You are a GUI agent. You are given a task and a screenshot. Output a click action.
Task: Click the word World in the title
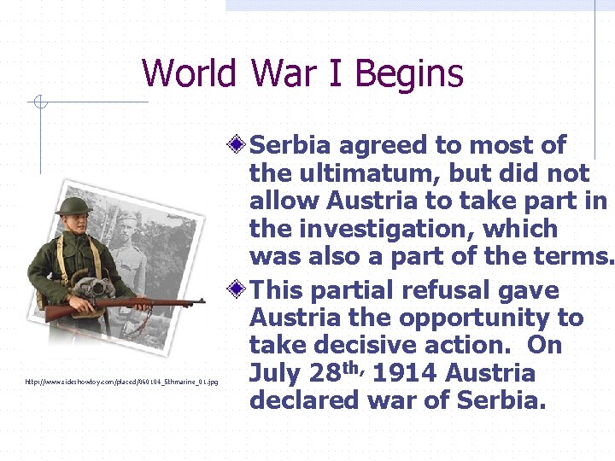coord(189,73)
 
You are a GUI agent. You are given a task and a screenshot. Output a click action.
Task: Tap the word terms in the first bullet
coord(574,256)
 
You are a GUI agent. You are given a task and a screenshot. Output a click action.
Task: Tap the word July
coord(273,373)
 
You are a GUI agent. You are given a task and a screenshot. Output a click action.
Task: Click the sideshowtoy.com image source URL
coord(122,382)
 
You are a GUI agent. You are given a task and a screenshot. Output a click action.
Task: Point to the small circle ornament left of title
coord(38,103)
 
